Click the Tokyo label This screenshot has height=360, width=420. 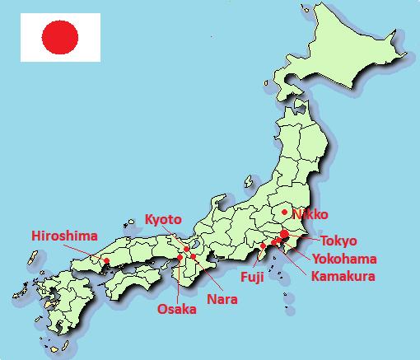click(x=338, y=241)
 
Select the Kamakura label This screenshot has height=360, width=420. click(x=343, y=275)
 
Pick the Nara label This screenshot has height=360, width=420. click(x=222, y=298)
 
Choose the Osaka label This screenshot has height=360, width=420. click(x=177, y=310)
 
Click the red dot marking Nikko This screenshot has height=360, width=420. click(x=284, y=212)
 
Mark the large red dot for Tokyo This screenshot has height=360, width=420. click(x=284, y=235)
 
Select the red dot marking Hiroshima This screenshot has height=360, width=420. click(x=106, y=261)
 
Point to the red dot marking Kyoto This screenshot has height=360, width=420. click(x=187, y=249)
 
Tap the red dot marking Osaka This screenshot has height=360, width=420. click(x=180, y=258)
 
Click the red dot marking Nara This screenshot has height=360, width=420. click(x=193, y=257)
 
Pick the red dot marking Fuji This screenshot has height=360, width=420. click(x=262, y=245)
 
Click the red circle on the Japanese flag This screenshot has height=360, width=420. click(x=60, y=37)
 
